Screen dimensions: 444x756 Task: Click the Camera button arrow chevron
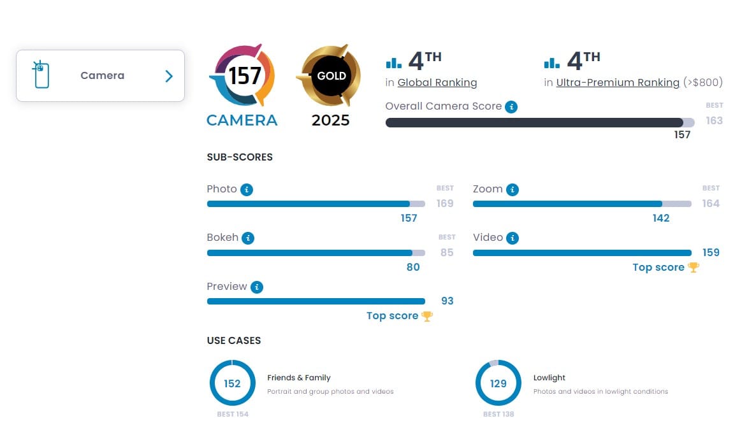tap(169, 76)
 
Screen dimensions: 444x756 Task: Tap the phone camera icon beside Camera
tap(41, 75)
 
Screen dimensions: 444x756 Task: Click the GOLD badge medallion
tap(331, 76)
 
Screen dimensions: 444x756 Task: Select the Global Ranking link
tap(437, 83)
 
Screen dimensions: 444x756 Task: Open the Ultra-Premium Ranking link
tap(618, 83)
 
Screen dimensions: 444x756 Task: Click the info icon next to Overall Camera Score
tap(511, 107)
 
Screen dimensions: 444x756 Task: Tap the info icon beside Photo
tap(247, 190)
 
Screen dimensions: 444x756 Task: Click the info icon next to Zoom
tap(512, 190)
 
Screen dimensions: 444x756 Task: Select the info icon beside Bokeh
tap(248, 238)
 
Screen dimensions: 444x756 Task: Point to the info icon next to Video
tap(512, 238)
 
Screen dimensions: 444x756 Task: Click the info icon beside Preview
tap(257, 287)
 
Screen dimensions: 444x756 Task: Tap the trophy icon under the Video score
tap(694, 268)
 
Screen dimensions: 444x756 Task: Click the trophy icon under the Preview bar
tap(427, 316)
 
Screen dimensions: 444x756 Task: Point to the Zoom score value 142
tap(661, 218)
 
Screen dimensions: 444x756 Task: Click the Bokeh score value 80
tap(413, 267)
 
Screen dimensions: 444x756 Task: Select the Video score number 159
tap(711, 253)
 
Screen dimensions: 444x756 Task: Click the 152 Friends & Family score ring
tap(232, 383)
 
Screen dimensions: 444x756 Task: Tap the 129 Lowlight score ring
tap(498, 383)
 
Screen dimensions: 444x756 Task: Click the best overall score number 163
tap(714, 121)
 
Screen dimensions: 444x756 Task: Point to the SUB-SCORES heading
tap(240, 157)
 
